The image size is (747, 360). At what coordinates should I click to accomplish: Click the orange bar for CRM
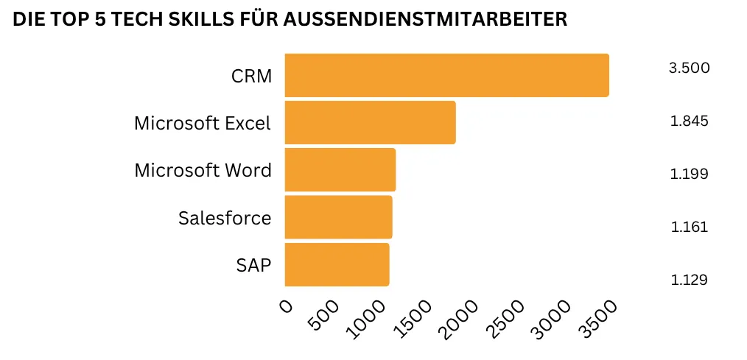[446, 75]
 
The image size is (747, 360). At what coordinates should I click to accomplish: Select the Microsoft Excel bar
[370, 122]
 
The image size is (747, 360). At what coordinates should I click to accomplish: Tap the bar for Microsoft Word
[340, 170]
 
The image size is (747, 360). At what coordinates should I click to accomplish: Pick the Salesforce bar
[338, 217]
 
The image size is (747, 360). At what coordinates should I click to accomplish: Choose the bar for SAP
[337, 264]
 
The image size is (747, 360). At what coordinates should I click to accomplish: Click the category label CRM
[251, 76]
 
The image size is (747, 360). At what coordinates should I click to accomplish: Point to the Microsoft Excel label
[203, 123]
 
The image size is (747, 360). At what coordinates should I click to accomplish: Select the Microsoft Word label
[203, 171]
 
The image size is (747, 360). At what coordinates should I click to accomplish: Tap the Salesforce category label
[225, 218]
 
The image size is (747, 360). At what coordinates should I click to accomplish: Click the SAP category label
[253, 265]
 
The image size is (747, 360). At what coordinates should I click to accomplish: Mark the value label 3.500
[689, 68]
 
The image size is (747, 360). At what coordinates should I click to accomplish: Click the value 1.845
[689, 121]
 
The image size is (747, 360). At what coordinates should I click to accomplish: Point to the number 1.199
[689, 174]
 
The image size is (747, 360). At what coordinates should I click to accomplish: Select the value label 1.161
[689, 227]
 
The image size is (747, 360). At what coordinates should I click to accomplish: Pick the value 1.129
[689, 280]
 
